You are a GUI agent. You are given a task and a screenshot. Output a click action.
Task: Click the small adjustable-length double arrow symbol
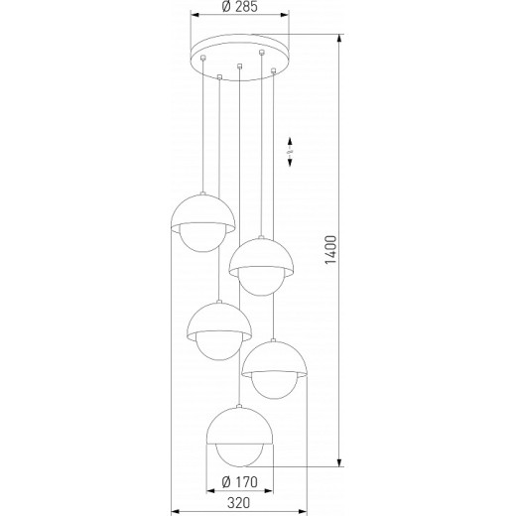click(291, 151)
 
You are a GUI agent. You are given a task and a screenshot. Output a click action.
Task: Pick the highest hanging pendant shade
click(202, 212)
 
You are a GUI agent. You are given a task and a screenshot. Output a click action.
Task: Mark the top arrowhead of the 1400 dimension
click(340, 39)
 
